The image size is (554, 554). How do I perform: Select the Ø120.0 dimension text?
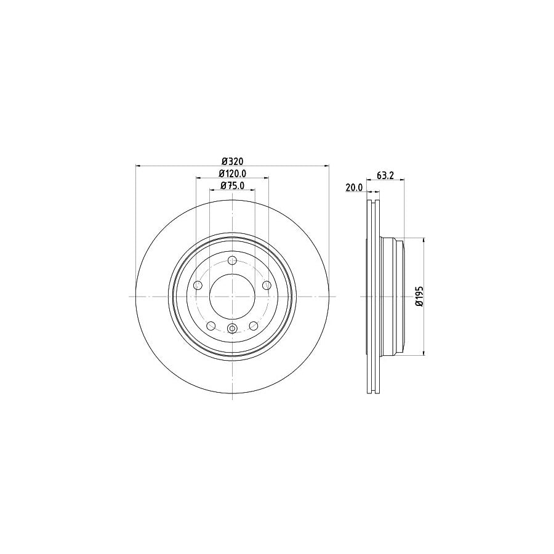point(232,174)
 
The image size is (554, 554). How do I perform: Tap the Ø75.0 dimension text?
point(232,185)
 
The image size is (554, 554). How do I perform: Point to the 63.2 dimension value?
point(385,175)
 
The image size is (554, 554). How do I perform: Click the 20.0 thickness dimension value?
point(354,188)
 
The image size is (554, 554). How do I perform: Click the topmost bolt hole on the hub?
point(232,260)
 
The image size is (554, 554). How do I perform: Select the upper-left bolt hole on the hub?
point(198,285)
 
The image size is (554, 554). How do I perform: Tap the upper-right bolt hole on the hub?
point(267,285)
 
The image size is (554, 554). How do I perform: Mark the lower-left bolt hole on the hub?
point(211,326)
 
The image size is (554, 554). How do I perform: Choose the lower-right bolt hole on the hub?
point(253,326)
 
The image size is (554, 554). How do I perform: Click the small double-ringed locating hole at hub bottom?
point(232,328)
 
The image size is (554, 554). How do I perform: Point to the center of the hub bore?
point(232,296)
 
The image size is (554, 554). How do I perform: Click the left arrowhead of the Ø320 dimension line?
point(138,165)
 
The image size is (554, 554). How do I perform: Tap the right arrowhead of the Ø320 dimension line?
point(326,165)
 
